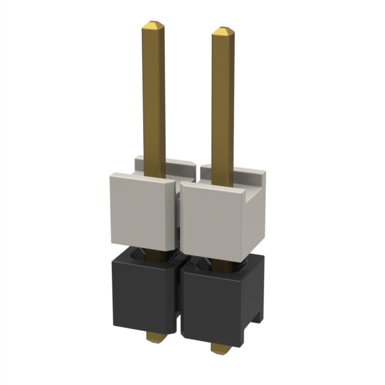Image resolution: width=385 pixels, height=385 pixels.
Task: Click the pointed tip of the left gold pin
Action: (153, 26)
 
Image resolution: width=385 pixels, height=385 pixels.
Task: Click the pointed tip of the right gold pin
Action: (223, 31)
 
